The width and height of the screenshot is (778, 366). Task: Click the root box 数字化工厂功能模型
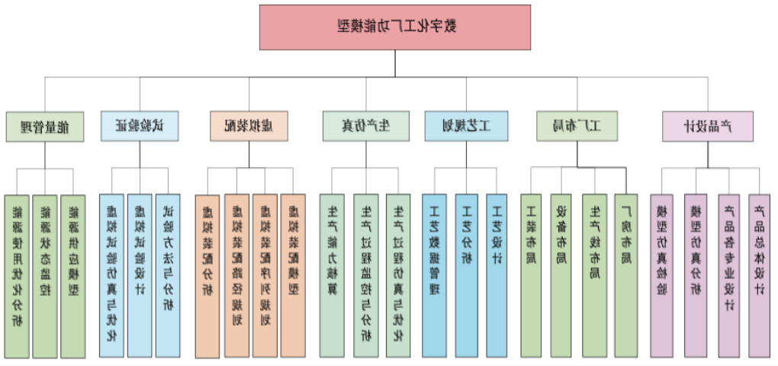point(395,27)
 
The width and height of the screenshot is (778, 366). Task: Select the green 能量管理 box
point(44,127)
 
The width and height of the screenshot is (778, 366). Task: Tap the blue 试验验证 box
point(140,127)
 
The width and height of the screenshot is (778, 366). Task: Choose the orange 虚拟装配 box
point(249,127)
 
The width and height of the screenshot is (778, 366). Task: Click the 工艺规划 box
point(466,127)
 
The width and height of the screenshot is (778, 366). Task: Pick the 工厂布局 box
point(577,127)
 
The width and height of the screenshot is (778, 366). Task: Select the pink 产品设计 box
point(707,127)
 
